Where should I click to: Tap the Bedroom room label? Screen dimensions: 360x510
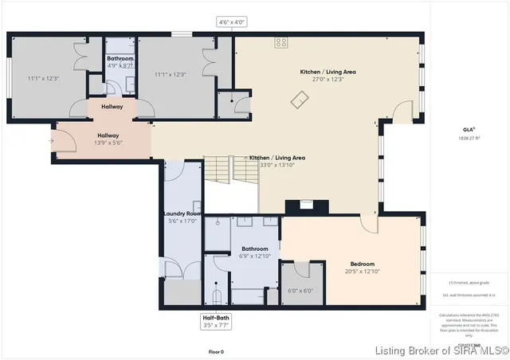click(363, 264)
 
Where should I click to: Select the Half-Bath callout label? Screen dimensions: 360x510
click(215, 317)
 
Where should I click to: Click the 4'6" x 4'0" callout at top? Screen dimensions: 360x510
click(233, 22)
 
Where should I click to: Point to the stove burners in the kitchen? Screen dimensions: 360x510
click(281, 42)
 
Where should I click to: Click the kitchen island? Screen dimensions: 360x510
click(300, 99)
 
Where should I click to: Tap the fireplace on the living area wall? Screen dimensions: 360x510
click(305, 204)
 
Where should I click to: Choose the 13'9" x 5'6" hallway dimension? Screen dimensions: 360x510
click(107, 143)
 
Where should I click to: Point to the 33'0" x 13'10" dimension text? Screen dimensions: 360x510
click(277, 166)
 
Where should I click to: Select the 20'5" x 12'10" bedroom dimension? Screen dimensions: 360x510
click(363, 272)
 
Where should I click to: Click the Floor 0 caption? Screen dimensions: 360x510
click(216, 351)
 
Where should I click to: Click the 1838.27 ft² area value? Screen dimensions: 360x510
click(469, 139)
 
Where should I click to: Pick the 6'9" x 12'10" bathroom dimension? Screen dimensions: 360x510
click(253, 256)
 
